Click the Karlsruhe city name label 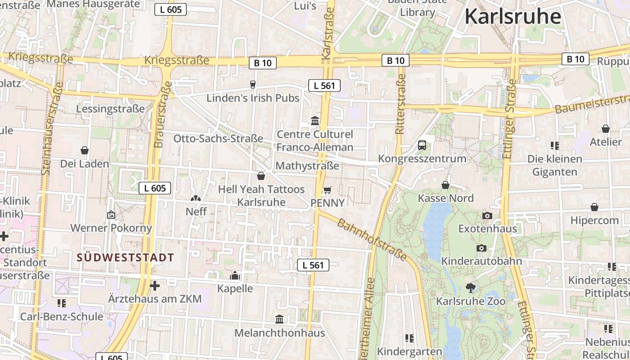coord(513,17)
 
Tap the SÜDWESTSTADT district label coord(125,258)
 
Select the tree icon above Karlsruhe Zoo coord(471,288)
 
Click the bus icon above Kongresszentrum coord(422,145)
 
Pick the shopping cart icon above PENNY coord(327,190)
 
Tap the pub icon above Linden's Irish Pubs coord(252,84)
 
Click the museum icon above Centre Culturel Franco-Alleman coord(315,121)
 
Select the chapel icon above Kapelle coord(235,275)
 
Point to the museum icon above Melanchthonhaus coord(279,319)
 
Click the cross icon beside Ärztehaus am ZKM coord(155,286)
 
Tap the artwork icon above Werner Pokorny coord(111,215)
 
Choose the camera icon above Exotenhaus coord(487,216)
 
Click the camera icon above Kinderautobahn coord(481,248)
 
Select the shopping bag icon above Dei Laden coord(84,150)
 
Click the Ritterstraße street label coord(400,104)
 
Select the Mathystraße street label coord(307,166)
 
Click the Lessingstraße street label coord(110,109)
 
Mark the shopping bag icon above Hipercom coord(594,207)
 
